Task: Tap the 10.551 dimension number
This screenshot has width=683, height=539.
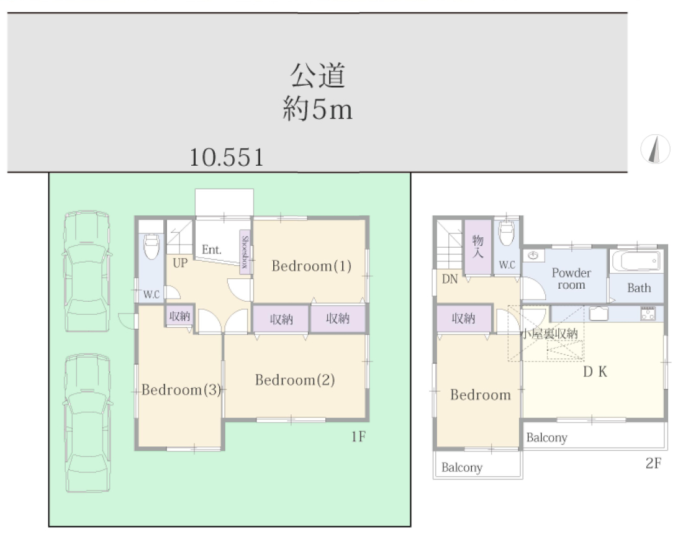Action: coord(227,157)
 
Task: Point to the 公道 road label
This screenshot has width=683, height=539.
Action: coord(317,75)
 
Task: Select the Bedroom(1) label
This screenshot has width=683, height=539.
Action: coord(312,266)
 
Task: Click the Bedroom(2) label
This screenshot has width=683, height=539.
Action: coord(295,380)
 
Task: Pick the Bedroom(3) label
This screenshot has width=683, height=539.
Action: coord(181,389)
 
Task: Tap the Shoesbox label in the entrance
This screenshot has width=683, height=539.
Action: coord(245,252)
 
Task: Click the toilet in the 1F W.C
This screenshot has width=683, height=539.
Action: coord(152,246)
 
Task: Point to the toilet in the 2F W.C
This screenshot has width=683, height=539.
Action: coord(507,233)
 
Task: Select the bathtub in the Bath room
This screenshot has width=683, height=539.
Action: coord(636,261)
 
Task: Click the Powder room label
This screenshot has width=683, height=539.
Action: coord(571,279)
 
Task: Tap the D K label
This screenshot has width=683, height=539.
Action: coord(595,372)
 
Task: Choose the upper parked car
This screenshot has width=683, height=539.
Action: coord(87,271)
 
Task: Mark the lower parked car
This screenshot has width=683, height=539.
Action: coord(88,423)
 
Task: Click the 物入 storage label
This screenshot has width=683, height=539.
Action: coord(478,246)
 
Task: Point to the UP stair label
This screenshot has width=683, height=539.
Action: coord(180,263)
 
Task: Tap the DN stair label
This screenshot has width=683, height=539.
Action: coord(450,279)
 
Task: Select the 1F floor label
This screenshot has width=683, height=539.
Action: coord(358,436)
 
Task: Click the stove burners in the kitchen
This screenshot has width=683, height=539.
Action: coord(648,314)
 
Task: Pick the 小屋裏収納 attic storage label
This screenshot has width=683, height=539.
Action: coord(550,334)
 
